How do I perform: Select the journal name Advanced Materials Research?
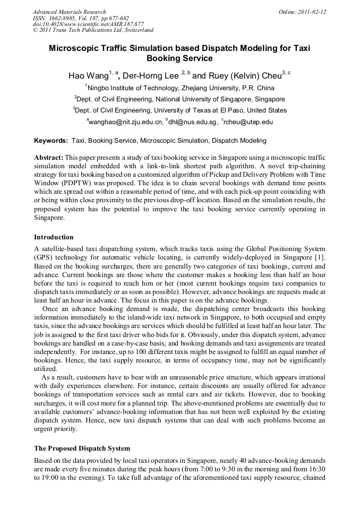[x=69, y=12]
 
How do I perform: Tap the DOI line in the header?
[x=88, y=24]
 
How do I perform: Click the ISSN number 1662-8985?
[x=63, y=18]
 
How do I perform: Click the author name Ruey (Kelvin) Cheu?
[x=241, y=76]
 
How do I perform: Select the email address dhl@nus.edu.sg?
[x=193, y=122]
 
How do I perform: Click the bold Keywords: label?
[x=51, y=141]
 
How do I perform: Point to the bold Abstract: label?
[x=49, y=158]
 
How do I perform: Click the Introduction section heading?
[x=54, y=237]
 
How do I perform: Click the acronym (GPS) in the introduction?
[x=44, y=257]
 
